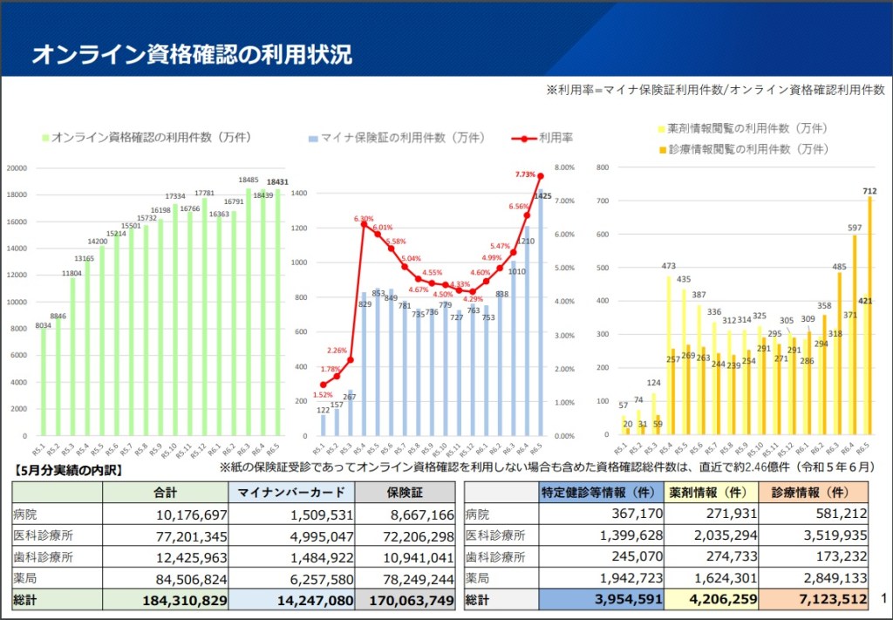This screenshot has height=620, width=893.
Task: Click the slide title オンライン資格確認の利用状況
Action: pos(192,54)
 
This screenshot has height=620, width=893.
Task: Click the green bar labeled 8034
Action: pos(43,382)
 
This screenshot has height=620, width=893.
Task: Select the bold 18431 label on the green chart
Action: pos(277,181)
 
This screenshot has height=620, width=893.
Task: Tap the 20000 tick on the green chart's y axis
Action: pos(17,167)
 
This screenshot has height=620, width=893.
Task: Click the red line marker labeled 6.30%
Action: pos(364,224)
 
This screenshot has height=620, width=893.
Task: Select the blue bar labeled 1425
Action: pos(540,314)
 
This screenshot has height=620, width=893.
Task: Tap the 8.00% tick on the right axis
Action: pos(564,167)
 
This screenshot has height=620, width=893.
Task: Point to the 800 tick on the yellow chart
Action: pos(603,167)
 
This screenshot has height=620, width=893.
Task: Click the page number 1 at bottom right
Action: pos(883,598)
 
